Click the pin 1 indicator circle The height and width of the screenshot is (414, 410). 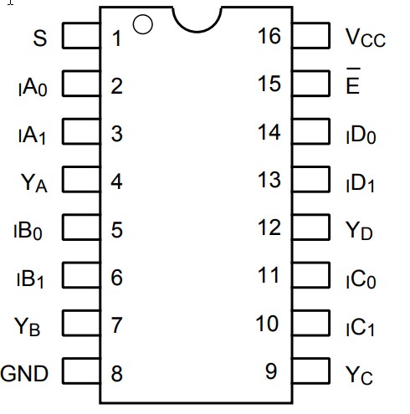tap(143, 23)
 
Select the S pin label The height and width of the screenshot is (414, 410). tap(40, 38)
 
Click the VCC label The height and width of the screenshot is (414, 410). tap(365, 38)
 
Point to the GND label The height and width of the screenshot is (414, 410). tap(25, 372)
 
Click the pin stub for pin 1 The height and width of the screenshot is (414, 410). tap(81, 36)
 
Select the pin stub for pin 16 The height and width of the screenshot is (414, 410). tap(310, 36)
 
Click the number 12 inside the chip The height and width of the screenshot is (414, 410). tap(269, 227)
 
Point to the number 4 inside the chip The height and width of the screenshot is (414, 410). tap(117, 181)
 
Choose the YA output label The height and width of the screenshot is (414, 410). tap(33, 182)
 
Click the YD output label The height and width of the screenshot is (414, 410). tap(359, 230)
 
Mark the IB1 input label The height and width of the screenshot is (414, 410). tap(29, 279)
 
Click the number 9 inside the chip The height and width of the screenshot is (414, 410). tap(271, 371)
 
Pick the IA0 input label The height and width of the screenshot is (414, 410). tap(31, 87)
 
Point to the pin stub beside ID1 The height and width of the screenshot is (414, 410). tap(310, 179)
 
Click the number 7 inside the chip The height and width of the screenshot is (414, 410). tap(117, 325)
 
